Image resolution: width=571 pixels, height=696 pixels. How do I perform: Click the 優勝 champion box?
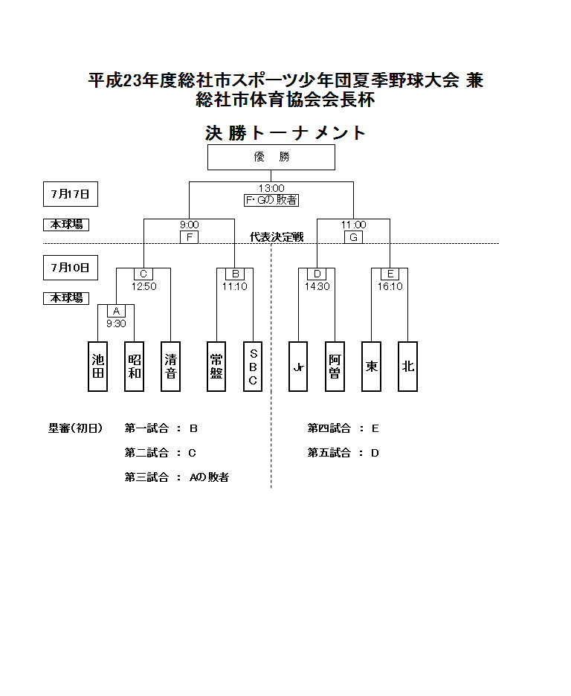(x=271, y=157)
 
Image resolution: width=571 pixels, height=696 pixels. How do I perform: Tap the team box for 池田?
(x=97, y=367)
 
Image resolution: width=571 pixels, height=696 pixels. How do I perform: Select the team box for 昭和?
(x=135, y=367)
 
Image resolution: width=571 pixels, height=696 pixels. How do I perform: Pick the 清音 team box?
(x=171, y=367)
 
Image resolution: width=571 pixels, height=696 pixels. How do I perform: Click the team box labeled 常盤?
(x=216, y=367)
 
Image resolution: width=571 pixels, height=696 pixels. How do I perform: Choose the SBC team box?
(x=253, y=367)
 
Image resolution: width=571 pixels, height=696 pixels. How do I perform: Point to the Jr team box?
(x=298, y=367)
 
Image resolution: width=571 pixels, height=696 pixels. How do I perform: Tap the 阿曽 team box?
(x=335, y=367)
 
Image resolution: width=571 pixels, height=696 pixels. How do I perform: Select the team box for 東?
(x=371, y=367)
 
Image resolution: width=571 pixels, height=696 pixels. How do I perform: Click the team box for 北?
(x=407, y=367)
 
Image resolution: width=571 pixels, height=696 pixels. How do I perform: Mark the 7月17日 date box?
(x=70, y=194)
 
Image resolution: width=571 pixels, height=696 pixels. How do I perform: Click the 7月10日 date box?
(x=70, y=267)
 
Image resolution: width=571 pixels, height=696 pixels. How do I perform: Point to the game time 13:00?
(x=271, y=189)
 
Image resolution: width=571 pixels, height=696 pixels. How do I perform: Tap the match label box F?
(x=190, y=237)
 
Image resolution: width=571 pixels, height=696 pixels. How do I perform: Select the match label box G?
(x=353, y=237)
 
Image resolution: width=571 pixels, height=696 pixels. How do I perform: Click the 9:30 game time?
(x=116, y=323)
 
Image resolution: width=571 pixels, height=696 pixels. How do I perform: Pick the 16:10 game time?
(x=390, y=286)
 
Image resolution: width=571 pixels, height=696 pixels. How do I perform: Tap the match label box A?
(x=116, y=311)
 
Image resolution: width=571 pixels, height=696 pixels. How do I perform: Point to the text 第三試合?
(x=146, y=477)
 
